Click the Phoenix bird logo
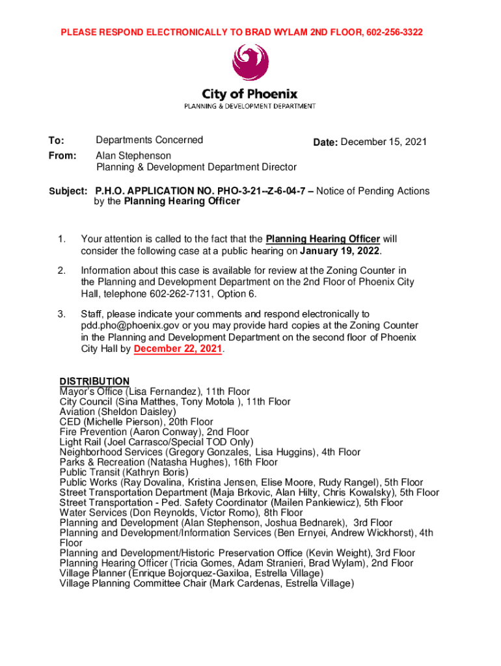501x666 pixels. tap(251, 64)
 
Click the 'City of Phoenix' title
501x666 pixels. tap(251, 94)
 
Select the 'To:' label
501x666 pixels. tap(57, 140)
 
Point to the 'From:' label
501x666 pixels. tap(62, 156)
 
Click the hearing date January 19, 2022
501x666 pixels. tap(341, 251)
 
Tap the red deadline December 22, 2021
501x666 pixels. tap(178, 349)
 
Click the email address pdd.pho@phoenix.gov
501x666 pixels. tap(130, 325)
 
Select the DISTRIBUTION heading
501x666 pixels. tap(94, 381)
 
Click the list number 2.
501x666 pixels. tap(62, 271)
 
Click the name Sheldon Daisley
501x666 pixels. tap(137, 412)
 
